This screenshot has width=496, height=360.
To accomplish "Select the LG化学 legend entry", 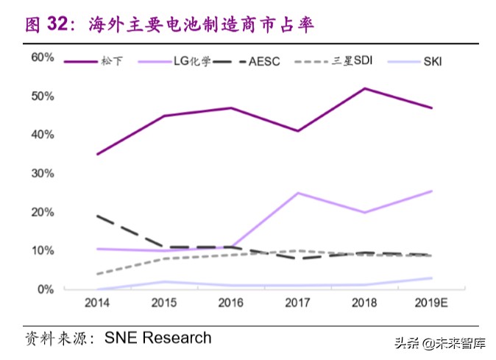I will coord(192,61).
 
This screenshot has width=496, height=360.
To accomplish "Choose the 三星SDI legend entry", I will coord(350,61).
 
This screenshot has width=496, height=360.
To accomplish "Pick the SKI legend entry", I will coord(432,61).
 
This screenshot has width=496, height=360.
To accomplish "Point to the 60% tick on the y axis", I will coord(43,57).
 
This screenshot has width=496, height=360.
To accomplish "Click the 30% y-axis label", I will coord(43,174).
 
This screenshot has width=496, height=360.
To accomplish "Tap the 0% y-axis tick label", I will coord(46,289).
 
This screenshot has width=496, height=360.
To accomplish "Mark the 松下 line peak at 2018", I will coord(364,88).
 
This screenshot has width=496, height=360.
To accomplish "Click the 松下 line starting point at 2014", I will coord(98,154).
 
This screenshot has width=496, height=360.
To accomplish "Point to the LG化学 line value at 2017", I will coord(297,193).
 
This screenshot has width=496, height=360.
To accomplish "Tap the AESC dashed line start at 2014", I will coord(98,216).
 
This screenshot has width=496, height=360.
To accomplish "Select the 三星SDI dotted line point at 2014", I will coord(98,274).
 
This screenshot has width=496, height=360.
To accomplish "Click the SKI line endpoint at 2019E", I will coord(431,278).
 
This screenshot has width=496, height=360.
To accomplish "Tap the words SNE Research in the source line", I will coord(158,338).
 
